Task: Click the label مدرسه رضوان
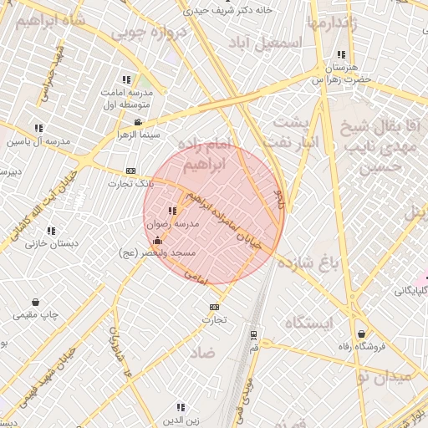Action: (173, 225)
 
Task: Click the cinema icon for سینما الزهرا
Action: (139, 122)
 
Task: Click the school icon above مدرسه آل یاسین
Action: (38, 128)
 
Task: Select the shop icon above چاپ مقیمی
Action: (35, 302)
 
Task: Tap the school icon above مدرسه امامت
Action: (125, 79)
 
